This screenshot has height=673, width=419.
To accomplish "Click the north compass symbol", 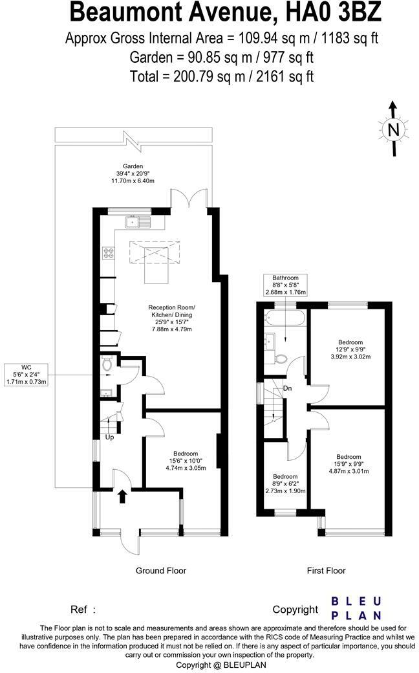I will coord(392,130).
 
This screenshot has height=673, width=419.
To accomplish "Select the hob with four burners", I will coord(107,254).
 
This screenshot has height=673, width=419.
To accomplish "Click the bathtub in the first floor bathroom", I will coord(285,318).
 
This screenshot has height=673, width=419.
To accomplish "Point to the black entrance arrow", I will coord(123,496).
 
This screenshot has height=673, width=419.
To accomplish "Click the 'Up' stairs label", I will coord(109,437).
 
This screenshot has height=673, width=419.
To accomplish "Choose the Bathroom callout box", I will coord(285,284).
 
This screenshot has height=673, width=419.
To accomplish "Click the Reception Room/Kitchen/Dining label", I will coord(171,318).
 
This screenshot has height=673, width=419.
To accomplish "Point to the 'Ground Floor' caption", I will coord(160,571).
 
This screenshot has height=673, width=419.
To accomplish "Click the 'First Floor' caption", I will coord(326,571).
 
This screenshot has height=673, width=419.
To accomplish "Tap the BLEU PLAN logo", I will coord(356,608).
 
